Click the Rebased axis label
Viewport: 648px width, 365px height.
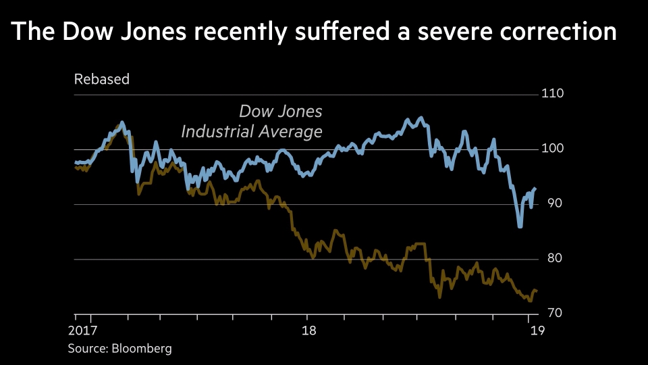[x=101, y=79]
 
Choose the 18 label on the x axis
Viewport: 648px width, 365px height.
[x=306, y=331]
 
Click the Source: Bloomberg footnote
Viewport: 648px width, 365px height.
[x=119, y=349]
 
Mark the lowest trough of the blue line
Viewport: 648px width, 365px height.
[x=520, y=226]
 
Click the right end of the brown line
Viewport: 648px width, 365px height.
[x=536, y=291]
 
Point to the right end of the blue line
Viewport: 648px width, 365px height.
[x=536, y=189]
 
